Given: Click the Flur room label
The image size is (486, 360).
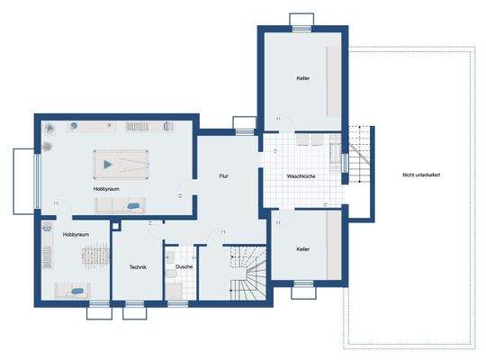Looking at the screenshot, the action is click(x=223, y=176).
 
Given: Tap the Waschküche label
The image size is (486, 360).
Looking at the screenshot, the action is click(x=301, y=176).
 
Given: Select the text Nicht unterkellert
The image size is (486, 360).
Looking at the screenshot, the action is click(x=421, y=175).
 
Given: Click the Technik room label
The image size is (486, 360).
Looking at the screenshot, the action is click(x=138, y=266).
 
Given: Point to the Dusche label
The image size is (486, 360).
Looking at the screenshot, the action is click(x=184, y=266).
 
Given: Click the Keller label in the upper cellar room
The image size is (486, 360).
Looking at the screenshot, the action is click(x=302, y=78).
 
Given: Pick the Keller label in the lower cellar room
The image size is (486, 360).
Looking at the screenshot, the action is click(x=302, y=249).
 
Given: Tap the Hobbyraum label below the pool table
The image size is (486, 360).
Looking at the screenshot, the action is click(x=106, y=189).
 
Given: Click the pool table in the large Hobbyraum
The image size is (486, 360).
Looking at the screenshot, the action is click(x=121, y=165).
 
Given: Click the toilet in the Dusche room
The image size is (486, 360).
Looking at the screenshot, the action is click(x=171, y=274).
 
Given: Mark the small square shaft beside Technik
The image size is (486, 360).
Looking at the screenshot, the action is click(x=115, y=226).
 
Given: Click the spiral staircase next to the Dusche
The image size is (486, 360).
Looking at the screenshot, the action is click(x=248, y=273).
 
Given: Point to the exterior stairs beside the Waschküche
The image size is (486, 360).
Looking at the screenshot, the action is click(x=359, y=155).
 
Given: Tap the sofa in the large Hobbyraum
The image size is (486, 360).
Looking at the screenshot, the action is click(x=121, y=205).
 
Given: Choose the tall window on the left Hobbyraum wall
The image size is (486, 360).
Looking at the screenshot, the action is click(x=38, y=182).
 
